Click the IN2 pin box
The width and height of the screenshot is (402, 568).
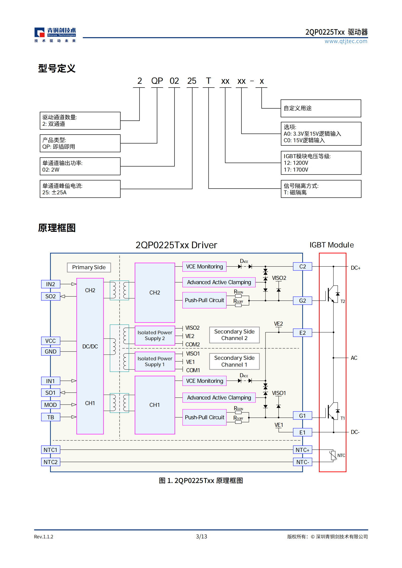(51, 284)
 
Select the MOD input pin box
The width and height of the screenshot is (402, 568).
(51, 405)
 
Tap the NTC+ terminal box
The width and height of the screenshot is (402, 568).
(302, 450)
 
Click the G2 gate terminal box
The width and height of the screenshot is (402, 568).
(302, 301)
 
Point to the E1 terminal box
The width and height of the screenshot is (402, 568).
(302, 432)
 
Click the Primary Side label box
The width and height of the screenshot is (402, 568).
(89, 267)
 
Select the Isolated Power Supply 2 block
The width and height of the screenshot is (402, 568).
(155, 335)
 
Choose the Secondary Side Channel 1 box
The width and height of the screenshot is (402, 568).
(234, 361)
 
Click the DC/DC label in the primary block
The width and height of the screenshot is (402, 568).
(90, 346)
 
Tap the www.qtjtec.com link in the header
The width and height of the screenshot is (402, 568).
(346, 41)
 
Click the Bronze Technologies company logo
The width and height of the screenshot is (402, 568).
(55, 35)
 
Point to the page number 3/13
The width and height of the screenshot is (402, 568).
(201, 536)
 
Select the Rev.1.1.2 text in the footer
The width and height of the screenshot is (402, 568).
(44, 537)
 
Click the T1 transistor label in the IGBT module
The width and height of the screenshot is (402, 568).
(342, 418)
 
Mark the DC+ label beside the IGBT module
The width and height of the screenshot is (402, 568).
(355, 268)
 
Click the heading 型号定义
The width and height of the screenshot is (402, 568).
(57, 68)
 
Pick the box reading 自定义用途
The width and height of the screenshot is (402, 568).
(321, 108)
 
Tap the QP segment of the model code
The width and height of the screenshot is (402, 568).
(157, 81)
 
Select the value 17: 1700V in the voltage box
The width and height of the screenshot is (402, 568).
(296, 170)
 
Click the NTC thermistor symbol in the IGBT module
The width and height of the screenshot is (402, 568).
(333, 455)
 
